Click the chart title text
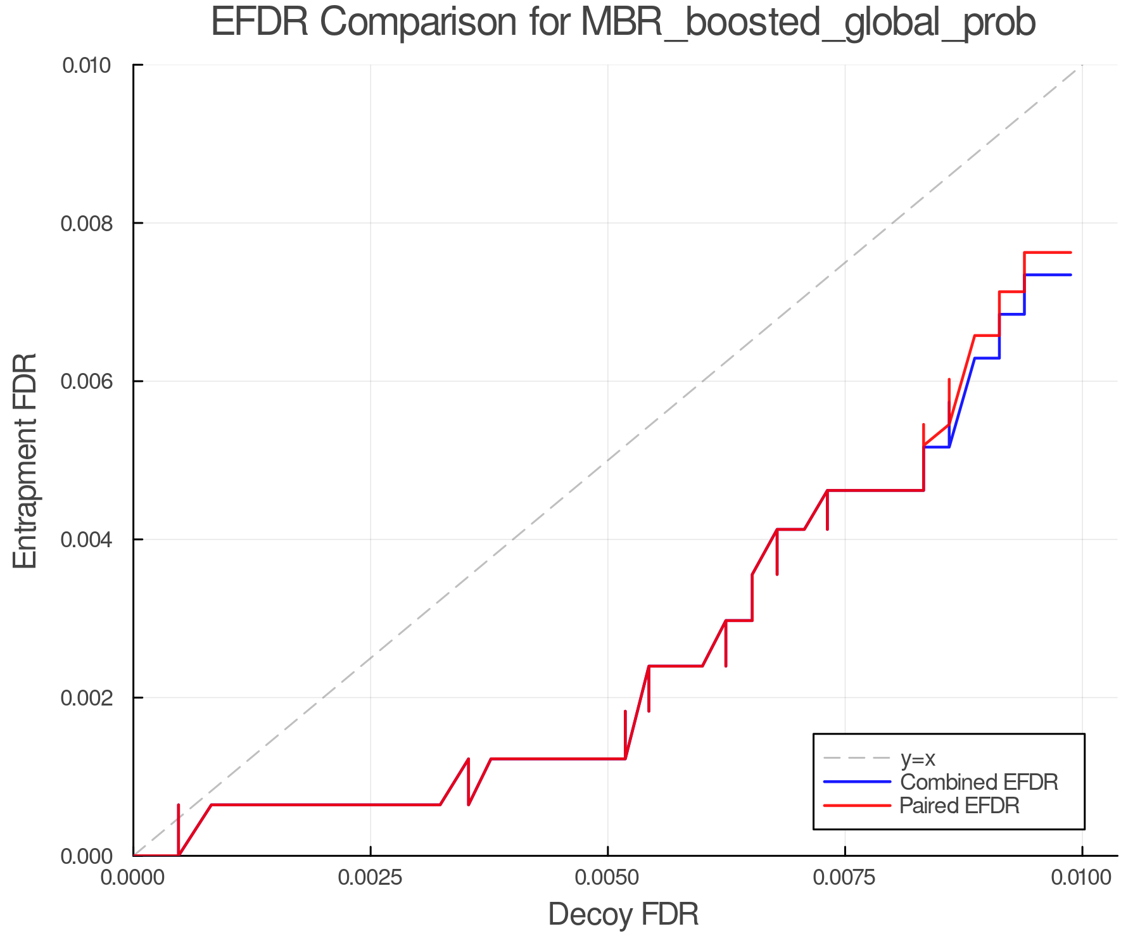point(623,23)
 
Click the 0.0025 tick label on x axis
point(370,877)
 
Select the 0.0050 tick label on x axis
point(607,877)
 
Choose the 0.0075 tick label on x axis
point(845,877)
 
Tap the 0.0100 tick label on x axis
point(1081,877)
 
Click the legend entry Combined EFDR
point(978,782)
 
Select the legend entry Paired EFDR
point(959,806)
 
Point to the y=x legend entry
point(918,758)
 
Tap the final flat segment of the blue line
point(1048,275)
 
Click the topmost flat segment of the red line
point(1048,253)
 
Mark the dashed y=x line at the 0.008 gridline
point(892,223)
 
